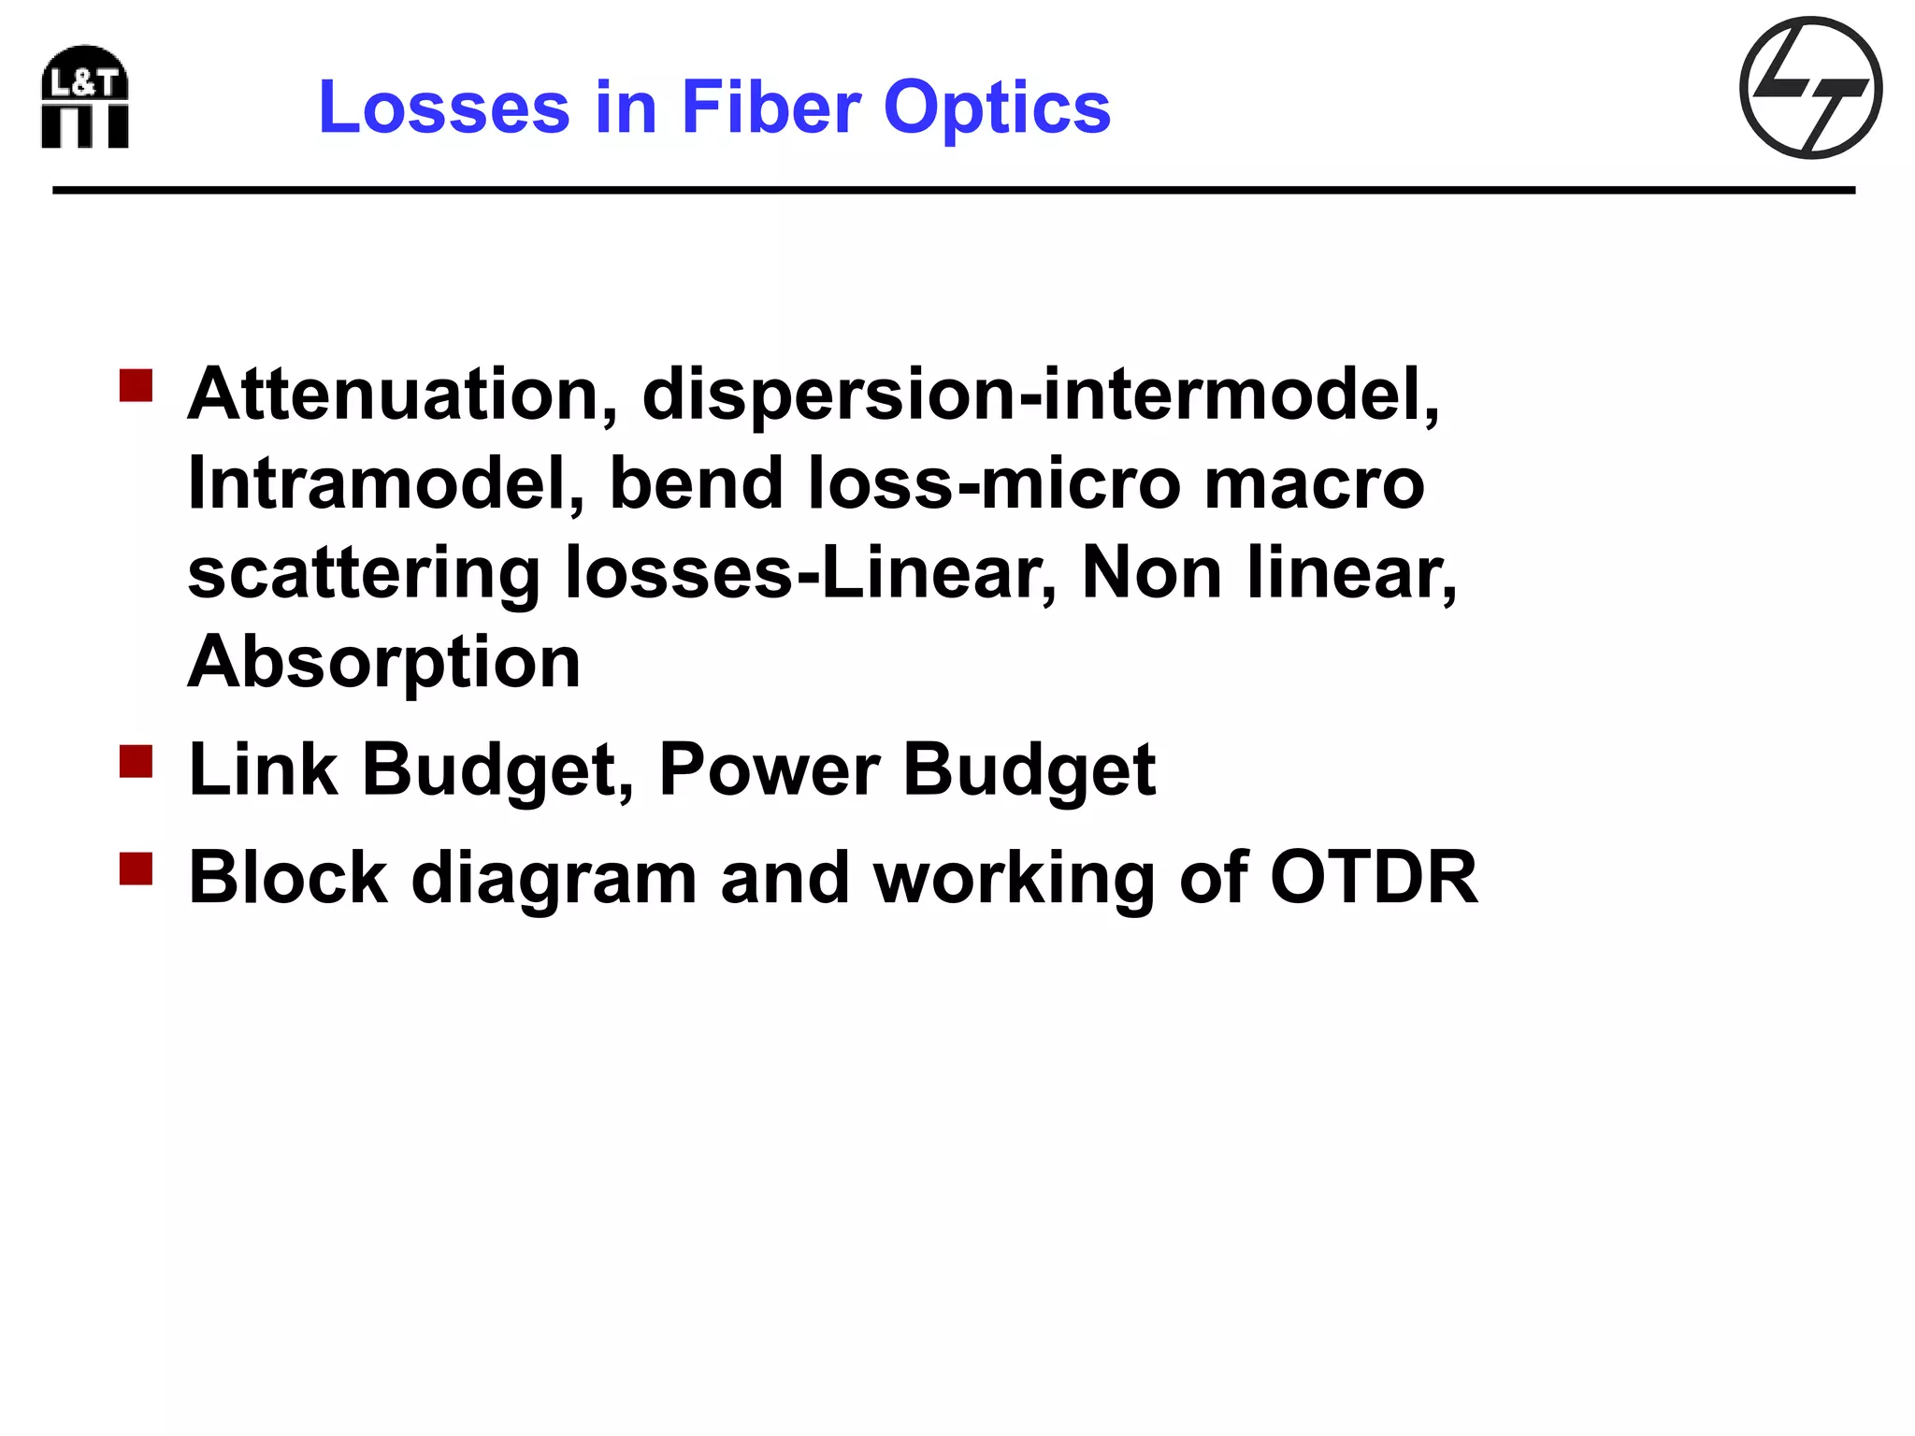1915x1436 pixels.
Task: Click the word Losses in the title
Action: [443, 108]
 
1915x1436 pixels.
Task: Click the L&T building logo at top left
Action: [85, 96]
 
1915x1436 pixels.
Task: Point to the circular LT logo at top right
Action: [1810, 88]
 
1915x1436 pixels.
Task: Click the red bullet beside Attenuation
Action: [137, 385]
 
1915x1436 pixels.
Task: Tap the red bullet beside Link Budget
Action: [137, 761]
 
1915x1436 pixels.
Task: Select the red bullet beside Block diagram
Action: [137, 869]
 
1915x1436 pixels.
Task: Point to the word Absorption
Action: [384, 662]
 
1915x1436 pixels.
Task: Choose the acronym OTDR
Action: [1374, 878]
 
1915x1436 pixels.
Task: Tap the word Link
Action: [263, 770]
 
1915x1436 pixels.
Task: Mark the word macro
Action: [1314, 483]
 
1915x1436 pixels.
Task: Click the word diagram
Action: [554, 880]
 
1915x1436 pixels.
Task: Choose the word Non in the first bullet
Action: [1152, 573]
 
